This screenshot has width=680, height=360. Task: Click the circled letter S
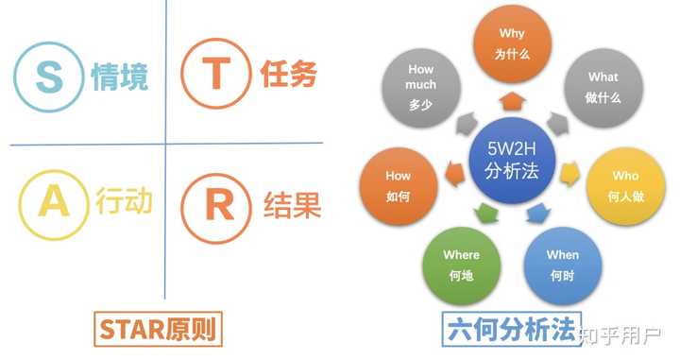[x=47, y=77]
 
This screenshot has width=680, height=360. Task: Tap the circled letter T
[x=215, y=77]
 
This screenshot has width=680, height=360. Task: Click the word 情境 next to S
[x=120, y=77]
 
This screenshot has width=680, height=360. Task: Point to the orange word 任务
[x=288, y=76]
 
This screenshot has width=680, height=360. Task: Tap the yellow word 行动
[x=123, y=204]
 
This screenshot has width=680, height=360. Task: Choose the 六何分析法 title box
[x=510, y=331]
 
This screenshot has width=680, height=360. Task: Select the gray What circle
[x=603, y=87]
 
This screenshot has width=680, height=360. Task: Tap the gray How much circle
[x=421, y=87]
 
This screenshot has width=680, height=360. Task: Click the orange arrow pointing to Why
[x=512, y=101]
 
